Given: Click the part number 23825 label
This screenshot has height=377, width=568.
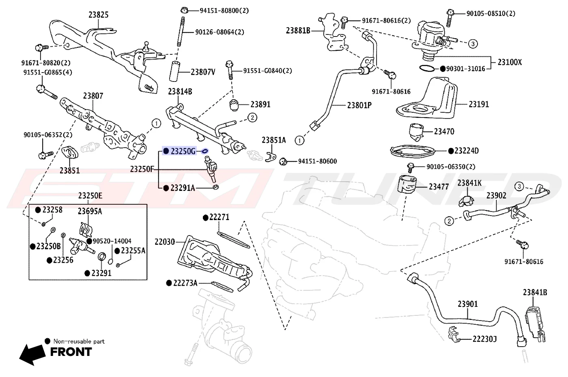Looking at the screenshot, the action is [98, 15].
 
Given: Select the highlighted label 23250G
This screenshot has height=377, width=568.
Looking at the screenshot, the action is [183, 151].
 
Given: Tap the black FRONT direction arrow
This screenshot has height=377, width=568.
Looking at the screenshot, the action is [32, 354].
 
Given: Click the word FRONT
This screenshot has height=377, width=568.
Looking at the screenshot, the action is [71, 352].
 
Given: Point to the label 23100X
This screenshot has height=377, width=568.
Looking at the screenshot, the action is [510, 62].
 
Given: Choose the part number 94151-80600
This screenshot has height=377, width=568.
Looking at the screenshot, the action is [317, 161].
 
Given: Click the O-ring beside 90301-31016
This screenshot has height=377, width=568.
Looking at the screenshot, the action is [427, 68].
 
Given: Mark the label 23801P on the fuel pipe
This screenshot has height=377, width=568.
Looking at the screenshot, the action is [359, 105].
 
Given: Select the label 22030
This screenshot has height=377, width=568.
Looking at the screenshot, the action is [165, 242].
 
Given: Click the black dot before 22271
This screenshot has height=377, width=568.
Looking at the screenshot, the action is [206, 218].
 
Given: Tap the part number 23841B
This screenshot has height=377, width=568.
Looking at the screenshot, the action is [535, 292].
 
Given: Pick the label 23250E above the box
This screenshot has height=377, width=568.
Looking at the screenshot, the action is [90, 195].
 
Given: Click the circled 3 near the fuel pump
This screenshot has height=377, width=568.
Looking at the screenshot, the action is [473, 44].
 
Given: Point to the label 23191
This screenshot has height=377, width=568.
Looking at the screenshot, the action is [479, 104].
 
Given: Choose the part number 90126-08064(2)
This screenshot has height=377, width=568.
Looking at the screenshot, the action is [219, 32].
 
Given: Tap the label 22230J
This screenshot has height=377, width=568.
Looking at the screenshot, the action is [484, 339].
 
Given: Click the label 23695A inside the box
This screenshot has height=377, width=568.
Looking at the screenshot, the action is [90, 211].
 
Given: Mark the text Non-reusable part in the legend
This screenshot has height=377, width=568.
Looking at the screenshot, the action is [79, 341].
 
